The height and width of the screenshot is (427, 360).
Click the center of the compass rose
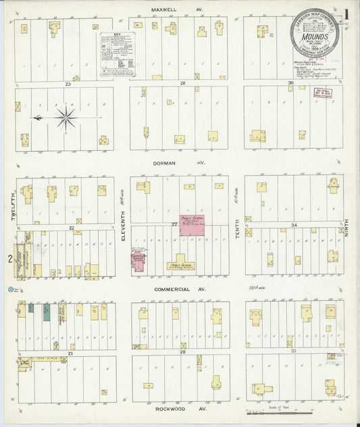(66, 118)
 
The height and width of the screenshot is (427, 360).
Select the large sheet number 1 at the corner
(346, 14)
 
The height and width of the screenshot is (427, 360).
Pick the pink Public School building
(192, 225)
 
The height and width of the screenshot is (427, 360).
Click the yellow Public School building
(180, 264)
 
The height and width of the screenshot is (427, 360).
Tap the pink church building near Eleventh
(138, 262)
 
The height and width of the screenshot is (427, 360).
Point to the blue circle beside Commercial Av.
(11, 291)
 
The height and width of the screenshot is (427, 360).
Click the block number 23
(68, 84)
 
